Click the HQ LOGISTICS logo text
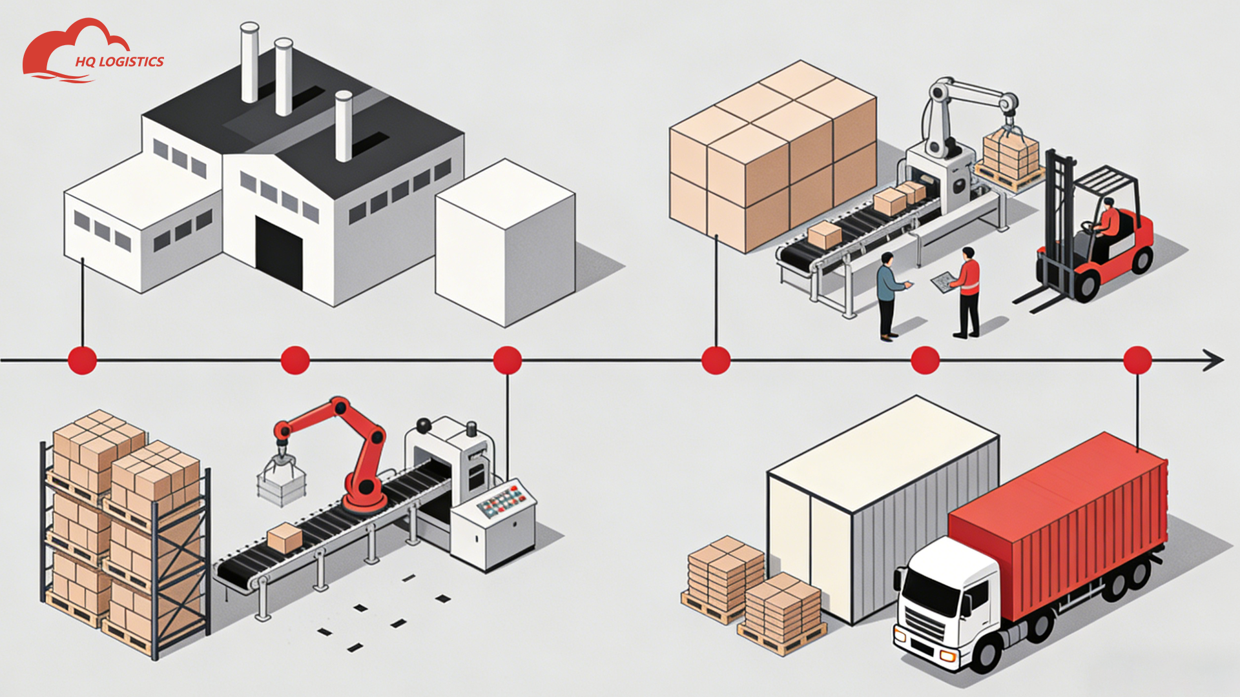[119, 62]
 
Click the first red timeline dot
[83, 360]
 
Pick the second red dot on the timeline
[295, 360]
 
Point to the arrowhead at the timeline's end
[1214, 360]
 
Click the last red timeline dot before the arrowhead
[1137, 360]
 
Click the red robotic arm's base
[366, 497]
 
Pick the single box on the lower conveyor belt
[285, 538]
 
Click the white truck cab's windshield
[930, 594]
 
